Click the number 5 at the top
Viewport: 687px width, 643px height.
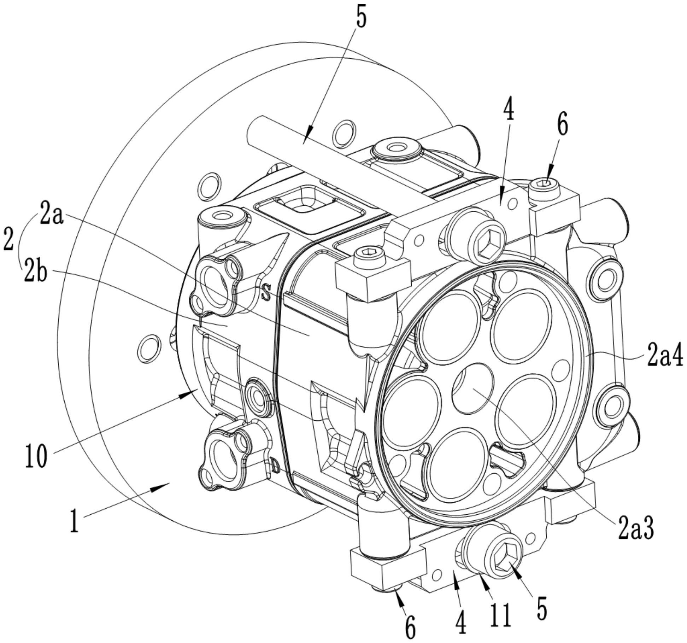361,15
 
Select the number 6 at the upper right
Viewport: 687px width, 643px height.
562,126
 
